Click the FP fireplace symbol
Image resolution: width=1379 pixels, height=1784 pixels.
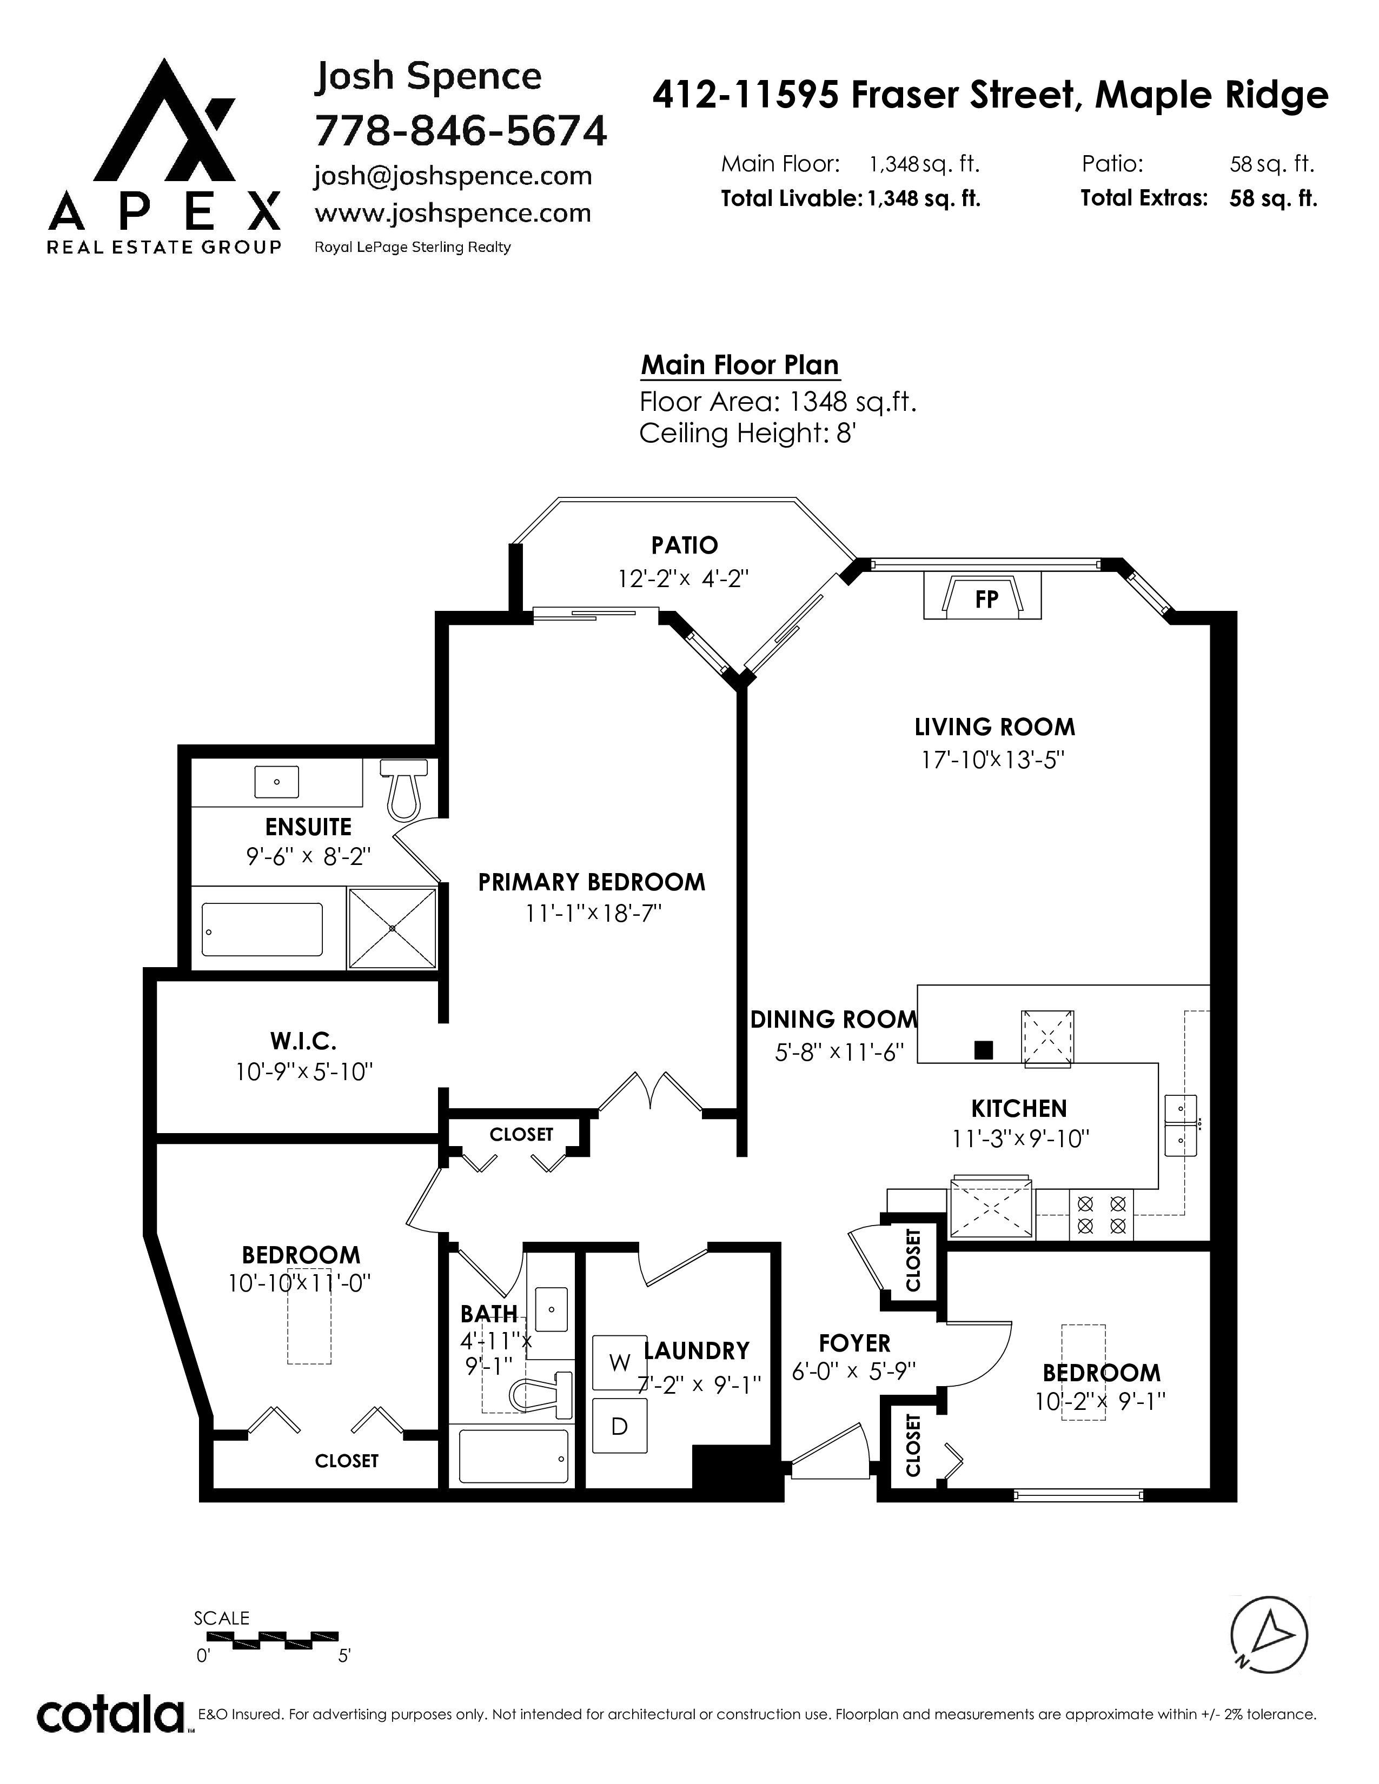pos(983,596)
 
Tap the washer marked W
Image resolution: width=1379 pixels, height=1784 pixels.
pos(619,1362)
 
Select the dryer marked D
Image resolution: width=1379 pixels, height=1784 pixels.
pos(619,1426)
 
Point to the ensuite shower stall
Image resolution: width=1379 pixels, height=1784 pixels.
pos(392,928)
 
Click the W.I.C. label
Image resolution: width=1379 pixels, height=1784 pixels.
pos(303,1041)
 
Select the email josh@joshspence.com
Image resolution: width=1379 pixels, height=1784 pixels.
pos(453,176)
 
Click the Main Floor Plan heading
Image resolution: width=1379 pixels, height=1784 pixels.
pos(739,365)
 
